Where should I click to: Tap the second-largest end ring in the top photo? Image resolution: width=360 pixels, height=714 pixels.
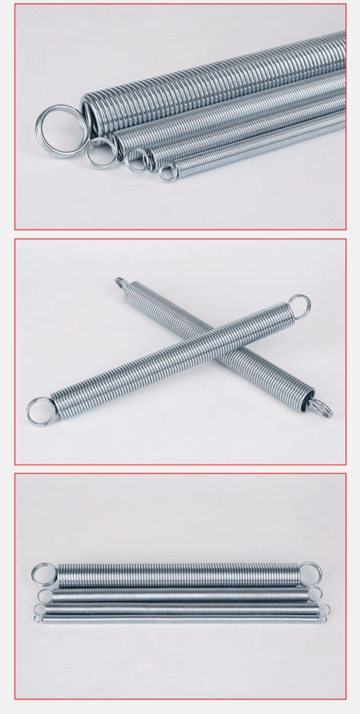click(101, 152)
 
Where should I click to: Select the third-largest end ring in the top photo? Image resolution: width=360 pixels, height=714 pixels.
click(137, 160)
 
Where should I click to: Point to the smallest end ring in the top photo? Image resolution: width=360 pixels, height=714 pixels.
click(167, 172)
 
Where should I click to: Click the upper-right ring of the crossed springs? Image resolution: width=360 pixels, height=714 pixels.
click(299, 305)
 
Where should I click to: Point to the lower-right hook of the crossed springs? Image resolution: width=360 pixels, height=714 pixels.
click(321, 409)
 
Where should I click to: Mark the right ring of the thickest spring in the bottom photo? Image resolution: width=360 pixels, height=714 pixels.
click(310, 574)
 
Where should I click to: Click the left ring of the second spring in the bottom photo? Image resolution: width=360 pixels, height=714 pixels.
click(45, 596)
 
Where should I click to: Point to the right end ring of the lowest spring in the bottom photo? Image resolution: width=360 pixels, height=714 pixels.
click(323, 618)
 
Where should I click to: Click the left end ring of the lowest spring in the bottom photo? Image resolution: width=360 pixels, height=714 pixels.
click(38, 618)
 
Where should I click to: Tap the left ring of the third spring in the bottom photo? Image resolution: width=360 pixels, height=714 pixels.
click(40, 609)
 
